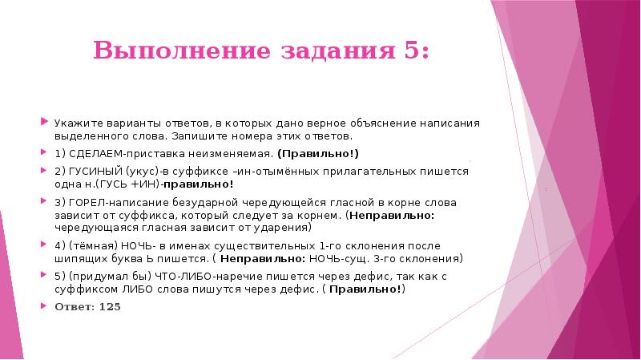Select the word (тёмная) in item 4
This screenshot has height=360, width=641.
89,246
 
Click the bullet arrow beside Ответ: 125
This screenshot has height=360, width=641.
45,306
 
